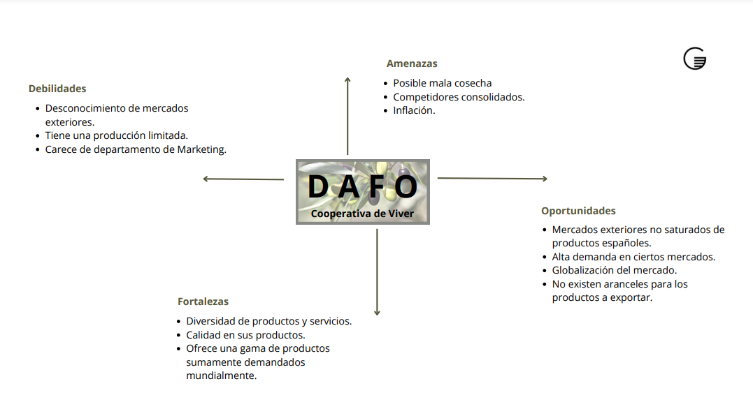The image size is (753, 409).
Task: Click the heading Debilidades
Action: [x=57, y=89]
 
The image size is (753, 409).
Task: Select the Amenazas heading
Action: [x=412, y=64]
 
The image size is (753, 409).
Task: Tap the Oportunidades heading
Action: [x=578, y=211]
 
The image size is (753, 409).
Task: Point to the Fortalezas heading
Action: [x=203, y=302]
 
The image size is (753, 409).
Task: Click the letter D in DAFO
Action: [x=318, y=186]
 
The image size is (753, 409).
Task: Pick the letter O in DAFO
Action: [x=406, y=186]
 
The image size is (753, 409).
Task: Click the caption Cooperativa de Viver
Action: [x=362, y=214]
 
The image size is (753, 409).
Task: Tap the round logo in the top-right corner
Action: [x=694, y=59]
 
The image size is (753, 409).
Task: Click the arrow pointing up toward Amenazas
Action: [x=347, y=115]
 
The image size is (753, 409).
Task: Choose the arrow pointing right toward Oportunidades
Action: [x=492, y=179]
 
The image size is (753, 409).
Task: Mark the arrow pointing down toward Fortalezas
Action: [x=378, y=272]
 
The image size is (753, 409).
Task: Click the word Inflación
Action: [x=414, y=110]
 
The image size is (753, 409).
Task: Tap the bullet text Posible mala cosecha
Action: [x=442, y=83]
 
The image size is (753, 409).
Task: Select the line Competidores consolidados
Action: [x=459, y=97]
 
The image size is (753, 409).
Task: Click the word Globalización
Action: [x=584, y=270]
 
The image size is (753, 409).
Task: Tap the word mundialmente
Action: [x=222, y=375]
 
